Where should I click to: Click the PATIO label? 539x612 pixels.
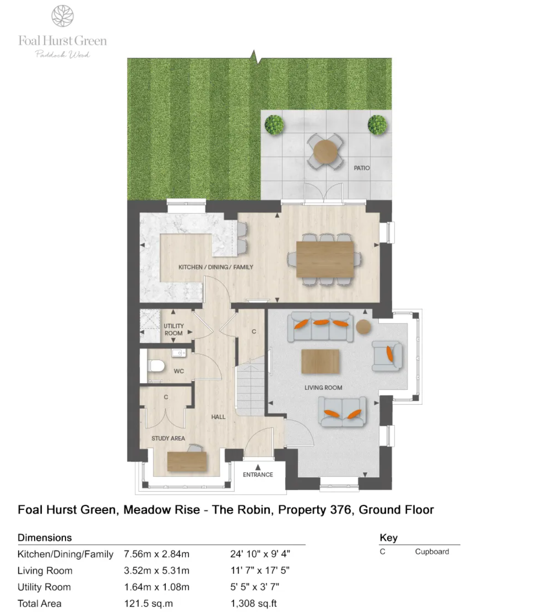pos(362,168)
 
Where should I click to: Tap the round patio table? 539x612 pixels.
pos(325,151)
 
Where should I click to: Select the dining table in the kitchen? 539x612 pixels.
pos(325,259)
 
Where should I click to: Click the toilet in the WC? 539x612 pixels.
pos(156,366)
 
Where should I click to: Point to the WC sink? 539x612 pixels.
pos(178,353)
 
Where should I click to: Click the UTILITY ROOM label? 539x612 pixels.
pos(174,329)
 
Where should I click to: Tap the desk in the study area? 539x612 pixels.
pos(187,462)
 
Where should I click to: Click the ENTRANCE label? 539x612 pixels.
pos(258,475)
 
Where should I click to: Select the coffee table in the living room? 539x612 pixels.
pos(320,361)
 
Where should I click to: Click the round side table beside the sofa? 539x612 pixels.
pos(363,326)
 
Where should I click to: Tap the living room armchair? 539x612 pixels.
pos(387,356)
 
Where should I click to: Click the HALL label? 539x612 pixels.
pos(218,417)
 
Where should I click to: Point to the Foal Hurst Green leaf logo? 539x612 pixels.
pos(62,16)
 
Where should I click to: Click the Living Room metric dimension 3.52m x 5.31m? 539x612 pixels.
pos(157,571)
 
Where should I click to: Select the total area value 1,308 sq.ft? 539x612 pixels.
pos(254,604)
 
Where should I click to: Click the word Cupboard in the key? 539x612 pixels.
pos(432,552)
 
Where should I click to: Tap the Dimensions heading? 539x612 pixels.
pos(45,538)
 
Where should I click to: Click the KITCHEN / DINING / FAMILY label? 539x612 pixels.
pos(216,267)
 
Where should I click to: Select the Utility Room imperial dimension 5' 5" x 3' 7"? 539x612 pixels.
pos(254,587)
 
